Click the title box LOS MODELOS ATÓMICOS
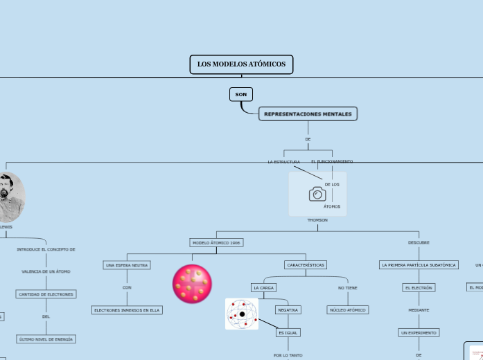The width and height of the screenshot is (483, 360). pyautogui.click(x=241, y=64)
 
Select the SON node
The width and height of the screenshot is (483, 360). pyautogui.click(x=240, y=94)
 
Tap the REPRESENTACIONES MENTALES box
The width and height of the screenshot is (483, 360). pyautogui.click(x=308, y=114)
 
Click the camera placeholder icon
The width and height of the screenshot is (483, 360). pyautogui.click(x=317, y=194)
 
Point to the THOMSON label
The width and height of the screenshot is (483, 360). pyautogui.click(x=317, y=219)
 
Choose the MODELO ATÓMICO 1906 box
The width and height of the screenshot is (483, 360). pyautogui.click(x=217, y=243)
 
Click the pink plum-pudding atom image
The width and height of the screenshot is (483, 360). pyautogui.click(x=192, y=284)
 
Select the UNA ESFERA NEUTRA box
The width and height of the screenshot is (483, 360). pyautogui.click(x=127, y=265)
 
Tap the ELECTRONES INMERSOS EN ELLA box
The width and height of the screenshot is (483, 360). pyautogui.click(x=127, y=310)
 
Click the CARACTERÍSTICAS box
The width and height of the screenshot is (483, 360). pyautogui.click(x=305, y=264)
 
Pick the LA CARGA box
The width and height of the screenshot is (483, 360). pyautogui.click(x=263, y=287)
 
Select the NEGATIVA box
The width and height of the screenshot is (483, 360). pyautogui.click(x=288, y=310)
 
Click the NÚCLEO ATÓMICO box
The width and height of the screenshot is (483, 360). pyautogui.click(x=347, y=310)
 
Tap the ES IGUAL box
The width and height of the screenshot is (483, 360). pyautogui.click(x=288, y=332)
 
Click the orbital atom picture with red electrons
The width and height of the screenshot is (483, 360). pyautogui.click(x=242, y=314)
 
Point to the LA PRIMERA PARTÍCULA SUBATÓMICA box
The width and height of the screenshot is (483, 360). pyautogui.click(x=419, y=264)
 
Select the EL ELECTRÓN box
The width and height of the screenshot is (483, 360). pyautogui.click(x=419, y=287)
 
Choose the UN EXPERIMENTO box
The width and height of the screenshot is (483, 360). pyautogui.click(x=419, y=332)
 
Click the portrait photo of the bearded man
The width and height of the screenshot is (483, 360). pyautogui.click(x=8, y=197)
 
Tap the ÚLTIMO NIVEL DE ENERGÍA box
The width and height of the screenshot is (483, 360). pyautogui.click(x=46, y=339)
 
